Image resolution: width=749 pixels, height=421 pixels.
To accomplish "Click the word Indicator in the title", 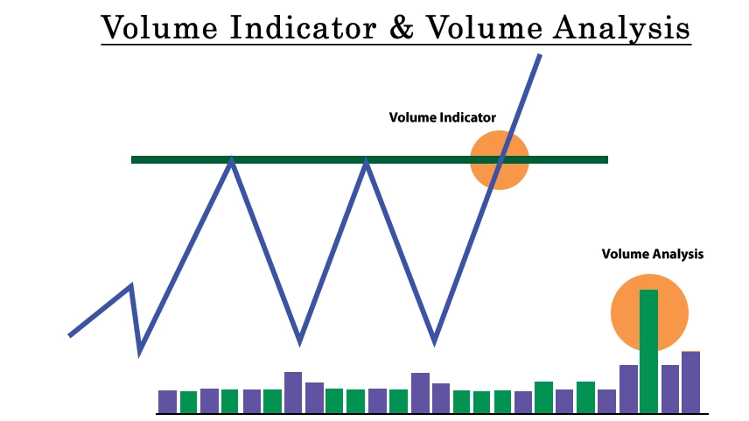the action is [x=304, y=27].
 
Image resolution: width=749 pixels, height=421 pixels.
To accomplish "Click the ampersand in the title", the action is [x=402, y=28].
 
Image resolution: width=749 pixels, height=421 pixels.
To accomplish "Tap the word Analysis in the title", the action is [x=621, y=29].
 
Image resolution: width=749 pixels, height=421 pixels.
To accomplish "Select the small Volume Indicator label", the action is [x=443, y=117].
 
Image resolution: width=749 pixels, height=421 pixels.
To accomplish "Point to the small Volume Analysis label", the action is [x=653, y=254].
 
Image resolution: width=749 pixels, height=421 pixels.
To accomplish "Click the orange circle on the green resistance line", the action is [x=500, y=160].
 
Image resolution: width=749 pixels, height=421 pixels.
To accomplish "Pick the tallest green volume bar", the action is [x=648, y=351].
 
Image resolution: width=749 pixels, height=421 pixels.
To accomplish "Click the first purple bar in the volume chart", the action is [x=167, y=402].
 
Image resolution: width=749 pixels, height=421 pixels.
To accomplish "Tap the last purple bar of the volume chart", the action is [x=690, y=382].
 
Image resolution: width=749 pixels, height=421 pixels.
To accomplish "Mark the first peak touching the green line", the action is [x=231, y=160].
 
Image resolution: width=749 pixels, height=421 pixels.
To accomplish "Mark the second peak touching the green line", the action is [x=366, y=160].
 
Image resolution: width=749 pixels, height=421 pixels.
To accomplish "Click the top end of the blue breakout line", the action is [x=540, y=55].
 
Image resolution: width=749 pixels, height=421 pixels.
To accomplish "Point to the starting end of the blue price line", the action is [x=70, y=335].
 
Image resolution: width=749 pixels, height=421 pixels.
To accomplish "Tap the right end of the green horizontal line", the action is [x=607, y=159].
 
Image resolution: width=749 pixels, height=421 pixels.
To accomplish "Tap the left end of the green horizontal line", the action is [x=132, y=159].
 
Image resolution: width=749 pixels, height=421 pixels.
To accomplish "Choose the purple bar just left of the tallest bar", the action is [x=628, y=389].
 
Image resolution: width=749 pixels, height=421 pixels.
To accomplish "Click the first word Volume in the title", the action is [x=160, y=27].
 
